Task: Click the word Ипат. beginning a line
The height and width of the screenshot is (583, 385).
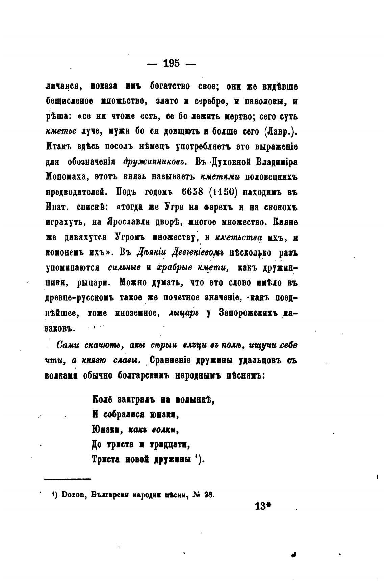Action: [57, 207]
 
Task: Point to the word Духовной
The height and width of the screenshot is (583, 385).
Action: [230, 162]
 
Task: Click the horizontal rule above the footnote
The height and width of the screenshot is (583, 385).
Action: [68, 479]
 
